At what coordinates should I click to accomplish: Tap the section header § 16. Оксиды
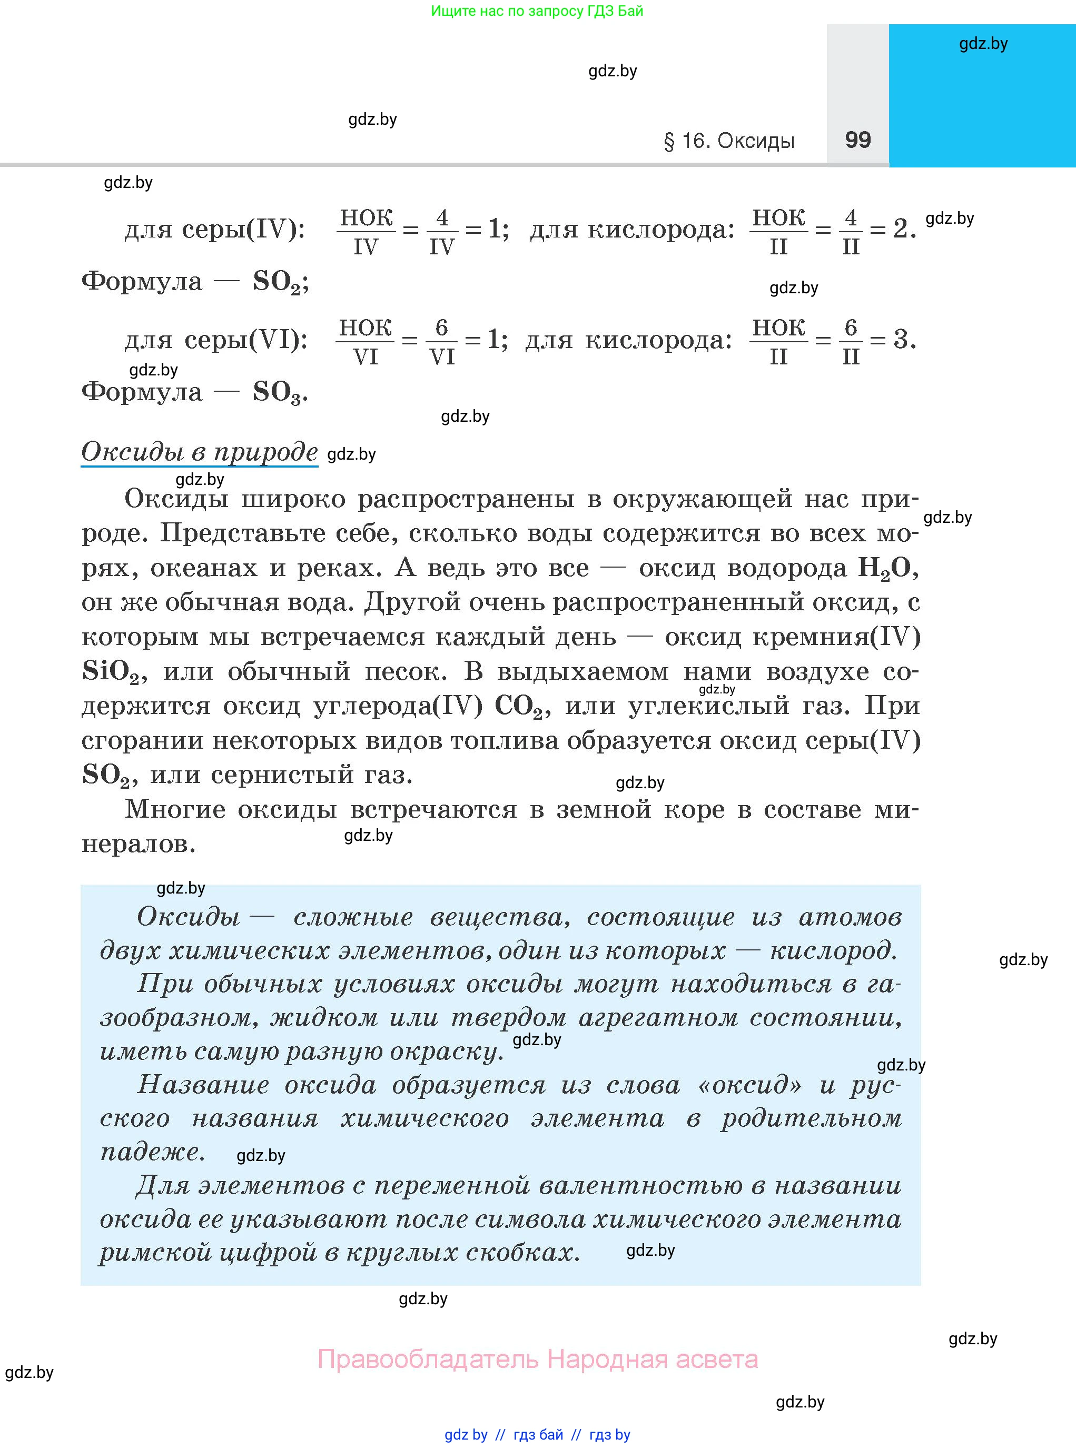(729, 141)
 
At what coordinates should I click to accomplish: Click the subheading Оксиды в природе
(199, 451)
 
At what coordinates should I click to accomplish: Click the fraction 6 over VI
(441, 341)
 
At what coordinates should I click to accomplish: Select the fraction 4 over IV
(441, 231)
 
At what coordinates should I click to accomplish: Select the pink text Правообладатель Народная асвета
(537, 1359)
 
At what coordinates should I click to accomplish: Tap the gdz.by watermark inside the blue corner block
(983, 44)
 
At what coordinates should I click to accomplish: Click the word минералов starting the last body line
(138, 844)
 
